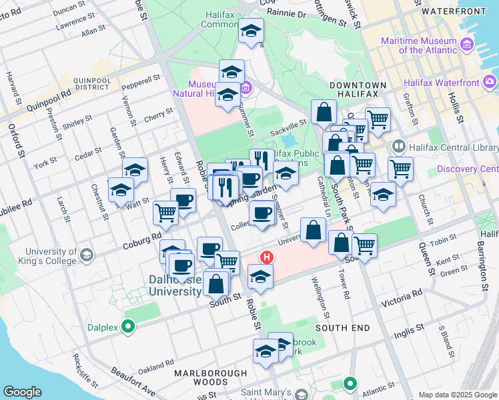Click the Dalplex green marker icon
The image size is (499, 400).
[x=129, y=327]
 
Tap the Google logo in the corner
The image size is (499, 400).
[x=22, y=392]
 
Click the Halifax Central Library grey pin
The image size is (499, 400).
[x=399, y=146]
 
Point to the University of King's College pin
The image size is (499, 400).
[x=86, y=255]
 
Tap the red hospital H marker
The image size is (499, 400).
[x=267, y=257]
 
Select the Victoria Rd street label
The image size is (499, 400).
[x=402, y=298]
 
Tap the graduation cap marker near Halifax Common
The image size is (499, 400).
[x=251, y=32]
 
